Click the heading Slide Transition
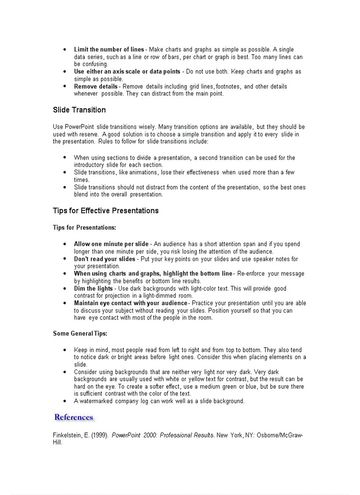[x=79, y=110]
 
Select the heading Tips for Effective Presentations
[x=105, y=211]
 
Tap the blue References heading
[x=74, y=417]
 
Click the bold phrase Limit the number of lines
[x=109, y=49]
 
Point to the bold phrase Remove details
[x=96, y=86]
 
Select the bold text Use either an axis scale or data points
[x=127, y=71]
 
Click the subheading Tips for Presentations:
[x=84, y=227]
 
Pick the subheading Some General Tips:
[x=80, y=333]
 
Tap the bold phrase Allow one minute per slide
[x=111, y=244]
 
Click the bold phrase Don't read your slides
[x=105, y=259]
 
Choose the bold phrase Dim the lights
[x=93, y=288]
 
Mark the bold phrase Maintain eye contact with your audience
[x=131, y=303]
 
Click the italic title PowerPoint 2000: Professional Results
[x=163, y=435]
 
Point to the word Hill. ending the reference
[x=57, y=443]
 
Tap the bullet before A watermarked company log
[x=65, y=401]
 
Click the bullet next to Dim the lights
[x=65, y=288]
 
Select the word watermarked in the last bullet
[x=96, y=401]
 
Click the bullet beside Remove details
[x=65, y=86]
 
